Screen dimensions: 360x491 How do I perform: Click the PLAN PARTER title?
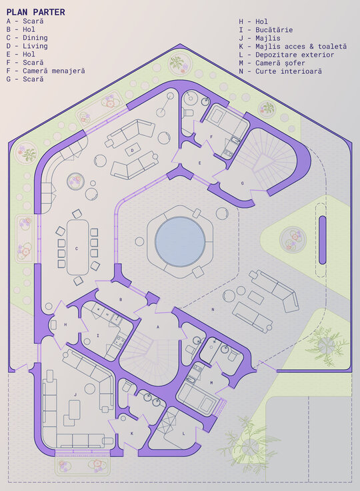pos(36,12)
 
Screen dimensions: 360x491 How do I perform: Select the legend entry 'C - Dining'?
pos(27,37)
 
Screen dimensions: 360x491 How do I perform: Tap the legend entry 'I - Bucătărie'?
pos(266,30)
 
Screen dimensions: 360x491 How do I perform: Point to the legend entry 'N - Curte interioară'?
pos(281,71)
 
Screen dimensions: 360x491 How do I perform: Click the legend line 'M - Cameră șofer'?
pos(272,63)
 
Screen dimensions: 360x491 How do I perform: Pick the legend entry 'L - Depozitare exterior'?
pos(287,55)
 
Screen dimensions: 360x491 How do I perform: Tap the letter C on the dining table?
pos(77,248)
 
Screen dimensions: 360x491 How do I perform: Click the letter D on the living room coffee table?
pos(132,151)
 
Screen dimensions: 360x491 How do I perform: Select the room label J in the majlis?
pos(75,395)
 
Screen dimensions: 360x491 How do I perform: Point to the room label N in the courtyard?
pos(213,309)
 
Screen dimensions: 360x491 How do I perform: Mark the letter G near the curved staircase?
pos(242,183)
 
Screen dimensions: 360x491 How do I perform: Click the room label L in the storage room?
pos(183,434)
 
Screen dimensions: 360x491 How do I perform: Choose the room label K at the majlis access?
pos(132,434)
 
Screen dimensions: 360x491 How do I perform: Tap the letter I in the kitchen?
pos(98,335)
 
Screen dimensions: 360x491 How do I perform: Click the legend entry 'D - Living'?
pos(27,46)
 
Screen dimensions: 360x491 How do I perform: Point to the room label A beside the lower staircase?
pos(158,327)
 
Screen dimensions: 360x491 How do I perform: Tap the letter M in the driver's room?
pos(211,382)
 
